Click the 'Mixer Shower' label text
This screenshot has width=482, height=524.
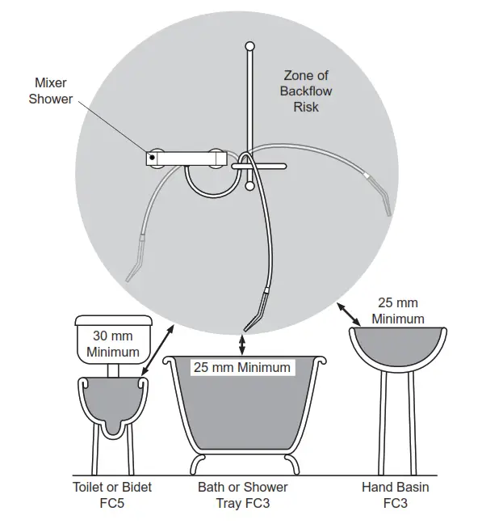coord(50,91)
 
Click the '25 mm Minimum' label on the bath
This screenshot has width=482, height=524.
coord(241,367)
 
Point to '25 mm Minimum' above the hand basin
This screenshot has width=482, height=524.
coord(397,311)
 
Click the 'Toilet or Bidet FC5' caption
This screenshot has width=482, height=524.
coord(112,495)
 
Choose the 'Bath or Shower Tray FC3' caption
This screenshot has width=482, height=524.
coord(242,495)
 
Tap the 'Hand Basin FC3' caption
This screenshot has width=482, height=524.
coord(396,495)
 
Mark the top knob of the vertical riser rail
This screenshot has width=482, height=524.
coord(250,46)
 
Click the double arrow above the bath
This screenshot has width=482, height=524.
coord(242,343)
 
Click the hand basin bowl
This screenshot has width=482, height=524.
coord(397,348)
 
